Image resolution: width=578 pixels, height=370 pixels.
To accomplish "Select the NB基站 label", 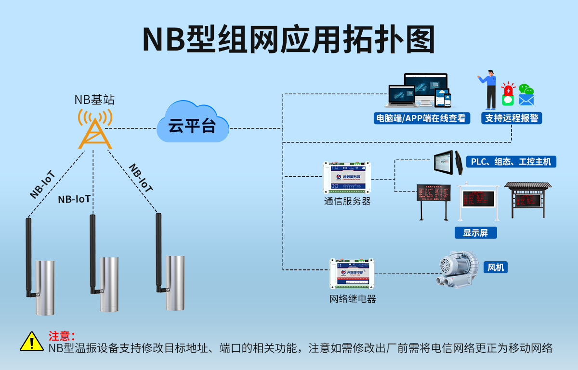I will click(94, 100).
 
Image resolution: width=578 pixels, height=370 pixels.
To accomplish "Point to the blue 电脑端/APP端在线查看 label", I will click(422, 118).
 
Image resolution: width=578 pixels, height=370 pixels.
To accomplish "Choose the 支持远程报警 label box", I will click(511, 118).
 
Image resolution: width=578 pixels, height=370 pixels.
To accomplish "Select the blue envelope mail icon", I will click(526, 100).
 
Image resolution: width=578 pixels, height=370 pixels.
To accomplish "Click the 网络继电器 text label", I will click(353, 299).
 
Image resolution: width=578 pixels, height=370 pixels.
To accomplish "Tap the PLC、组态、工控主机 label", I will click(511, 162).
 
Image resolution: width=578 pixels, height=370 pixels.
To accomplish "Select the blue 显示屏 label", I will click(475, 233).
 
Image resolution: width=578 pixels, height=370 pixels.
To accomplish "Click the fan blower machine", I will click(456, 272).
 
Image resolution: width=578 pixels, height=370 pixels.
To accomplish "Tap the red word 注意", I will click(61, 336).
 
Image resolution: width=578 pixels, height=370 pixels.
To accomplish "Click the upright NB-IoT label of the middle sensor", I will click(74, 199).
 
